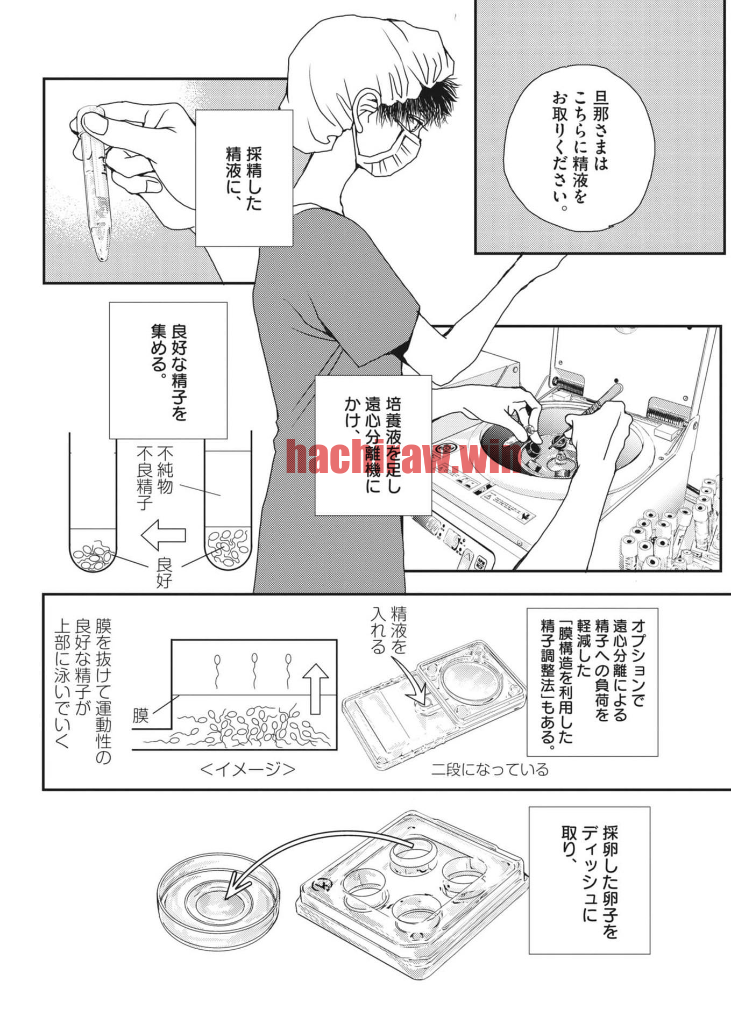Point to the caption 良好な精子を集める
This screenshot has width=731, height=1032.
168,370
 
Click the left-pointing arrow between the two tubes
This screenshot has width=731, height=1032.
164,535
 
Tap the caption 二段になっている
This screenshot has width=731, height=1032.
490,770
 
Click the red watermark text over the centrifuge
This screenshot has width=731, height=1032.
403,456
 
